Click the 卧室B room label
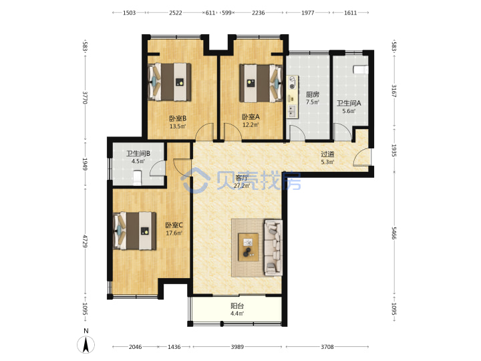tap(178, 118)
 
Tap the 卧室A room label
tap(251, 116)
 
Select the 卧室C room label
tap(174, 225)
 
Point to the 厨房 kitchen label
tap(312, 94)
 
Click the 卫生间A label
tap(349, 103)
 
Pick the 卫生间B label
tap(138, 153)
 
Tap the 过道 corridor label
tap(327, 154)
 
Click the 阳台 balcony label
tap(237, 306)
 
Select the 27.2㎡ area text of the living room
tap(242, 185)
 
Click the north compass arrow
tap(86, 344)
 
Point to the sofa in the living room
tap(273, 247)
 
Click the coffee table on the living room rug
tap(248, 247)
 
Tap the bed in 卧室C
tap(134, 231)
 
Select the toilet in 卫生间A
tap(360, 70)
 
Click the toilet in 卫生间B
tap(137, 178)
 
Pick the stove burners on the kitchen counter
tap(292, 82)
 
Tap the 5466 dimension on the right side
tap(394, 233)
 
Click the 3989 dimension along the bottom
tap(237, 346)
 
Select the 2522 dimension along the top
tap(176, 13)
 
